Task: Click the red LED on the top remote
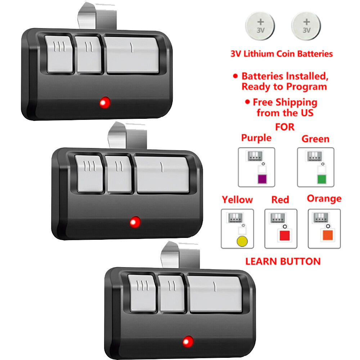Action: [x=104, y=103]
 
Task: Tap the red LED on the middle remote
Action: [x=135, y=222]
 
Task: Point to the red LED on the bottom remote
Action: [x=187, y=341]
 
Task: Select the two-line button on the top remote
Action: [x=88, y=55]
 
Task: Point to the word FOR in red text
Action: [x=284, y=127]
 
